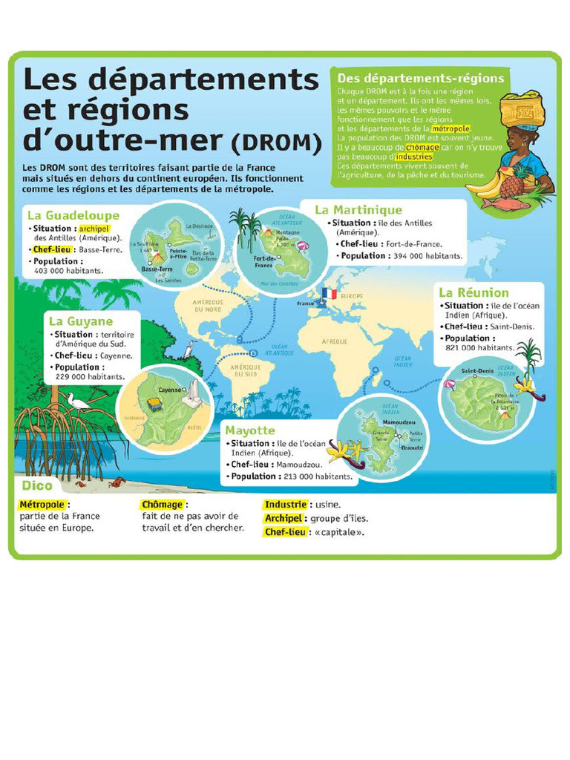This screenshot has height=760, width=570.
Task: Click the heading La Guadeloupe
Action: (73, 215)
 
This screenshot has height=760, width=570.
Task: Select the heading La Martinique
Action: (358, 210)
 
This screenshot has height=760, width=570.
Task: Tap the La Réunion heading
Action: (474, 292)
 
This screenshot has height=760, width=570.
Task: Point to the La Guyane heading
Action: (81, 321)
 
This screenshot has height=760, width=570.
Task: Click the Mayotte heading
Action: (250, 430)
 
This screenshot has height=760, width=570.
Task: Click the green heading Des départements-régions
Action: (420, 78)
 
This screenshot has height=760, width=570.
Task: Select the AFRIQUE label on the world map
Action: (334, 341)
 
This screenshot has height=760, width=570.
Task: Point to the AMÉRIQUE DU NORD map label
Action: (209, 305)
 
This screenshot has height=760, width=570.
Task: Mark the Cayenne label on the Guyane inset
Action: (170, 389)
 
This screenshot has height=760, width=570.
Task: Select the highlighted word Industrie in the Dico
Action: (286, 505)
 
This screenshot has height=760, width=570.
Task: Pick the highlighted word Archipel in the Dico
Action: (284, 518)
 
